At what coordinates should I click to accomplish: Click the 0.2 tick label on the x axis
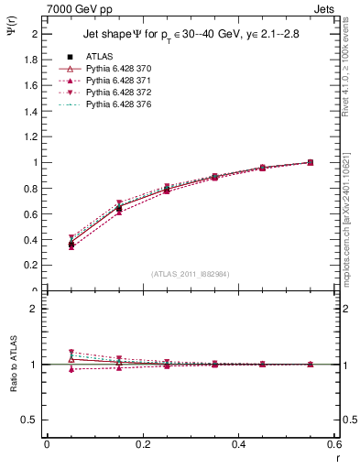coord(143,443)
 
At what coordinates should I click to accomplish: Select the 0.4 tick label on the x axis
coord(239,443)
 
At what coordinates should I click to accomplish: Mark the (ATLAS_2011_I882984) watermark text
coord(191,273)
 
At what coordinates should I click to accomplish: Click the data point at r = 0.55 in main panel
coord(310,162)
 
